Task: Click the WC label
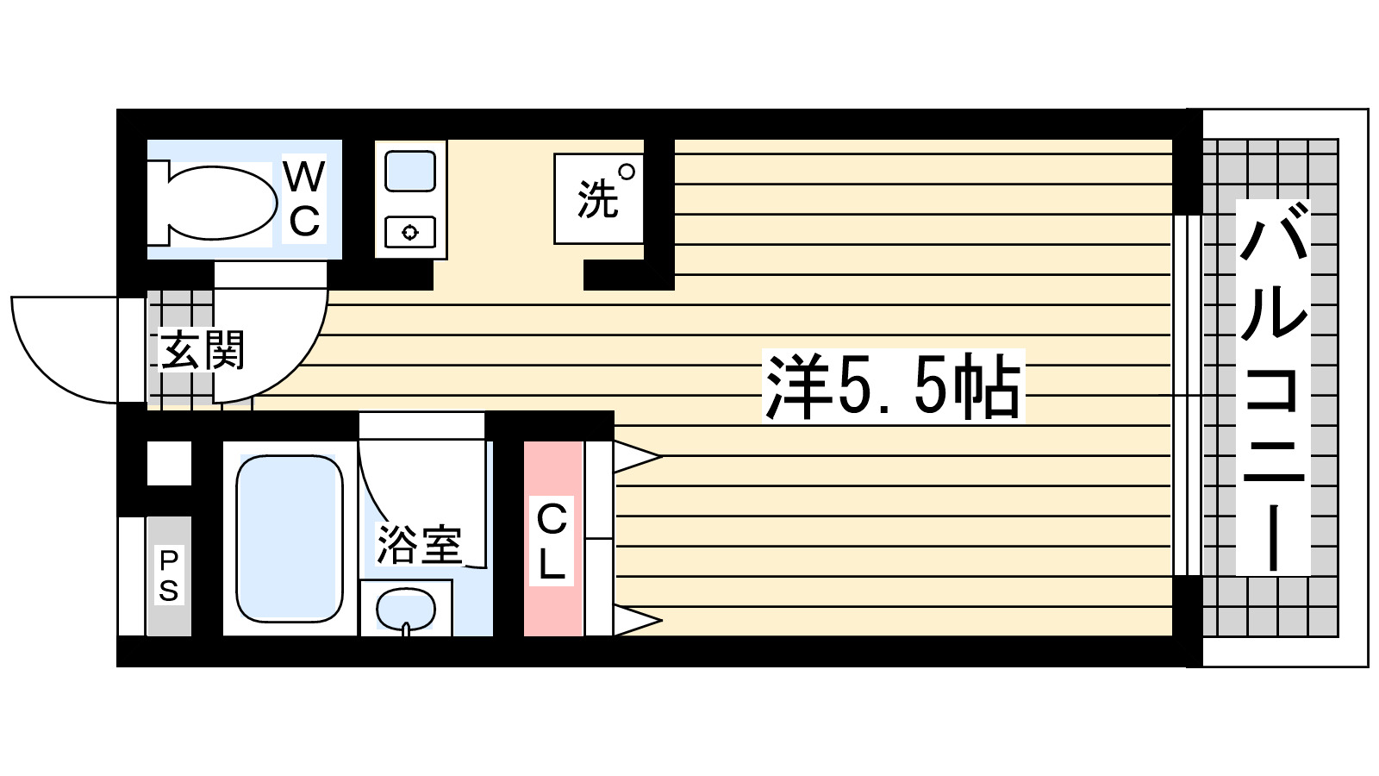point(304,199)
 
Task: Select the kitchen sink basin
point(410,171)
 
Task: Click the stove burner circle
point(410,232)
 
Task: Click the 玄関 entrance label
point(202,350)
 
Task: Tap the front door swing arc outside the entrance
point(52,362)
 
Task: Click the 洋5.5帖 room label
point(893,385)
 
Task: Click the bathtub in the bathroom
point(290,538)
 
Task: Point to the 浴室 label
point(419,544)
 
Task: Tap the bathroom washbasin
point(405,610)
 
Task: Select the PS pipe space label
point(169,575)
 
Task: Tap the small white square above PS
point(169,463)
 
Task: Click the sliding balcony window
point(1188,394)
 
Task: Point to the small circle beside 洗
point(627,172)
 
